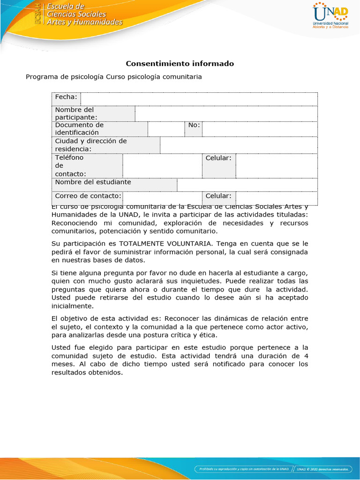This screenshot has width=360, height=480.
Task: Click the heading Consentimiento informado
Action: point(180,63)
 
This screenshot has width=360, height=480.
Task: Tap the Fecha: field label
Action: point(66,97)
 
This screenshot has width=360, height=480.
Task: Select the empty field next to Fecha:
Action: point(199,98)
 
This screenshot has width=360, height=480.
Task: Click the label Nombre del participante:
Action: point(76,113)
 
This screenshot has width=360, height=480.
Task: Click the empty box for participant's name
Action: point(226,113)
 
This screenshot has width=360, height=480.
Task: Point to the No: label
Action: point(194,125)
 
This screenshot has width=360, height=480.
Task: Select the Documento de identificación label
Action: point(79,129)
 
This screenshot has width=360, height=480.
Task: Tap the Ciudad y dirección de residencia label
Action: point(91,145)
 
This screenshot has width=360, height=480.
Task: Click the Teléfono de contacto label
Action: point(70,166)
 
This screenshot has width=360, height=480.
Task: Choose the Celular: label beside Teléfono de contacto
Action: point(218,158)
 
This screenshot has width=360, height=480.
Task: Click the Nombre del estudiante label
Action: point(93,182)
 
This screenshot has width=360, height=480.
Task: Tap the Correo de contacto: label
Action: point(88,196)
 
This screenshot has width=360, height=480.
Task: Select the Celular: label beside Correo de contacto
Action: point(218,196)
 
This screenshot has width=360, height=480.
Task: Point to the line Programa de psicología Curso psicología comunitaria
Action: point(114,77)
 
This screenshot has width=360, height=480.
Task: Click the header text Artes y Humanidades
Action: point(84,22)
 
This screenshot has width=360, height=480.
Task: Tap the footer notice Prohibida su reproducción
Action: point(243,469)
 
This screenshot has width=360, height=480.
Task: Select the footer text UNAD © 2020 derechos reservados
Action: point(323,469)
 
